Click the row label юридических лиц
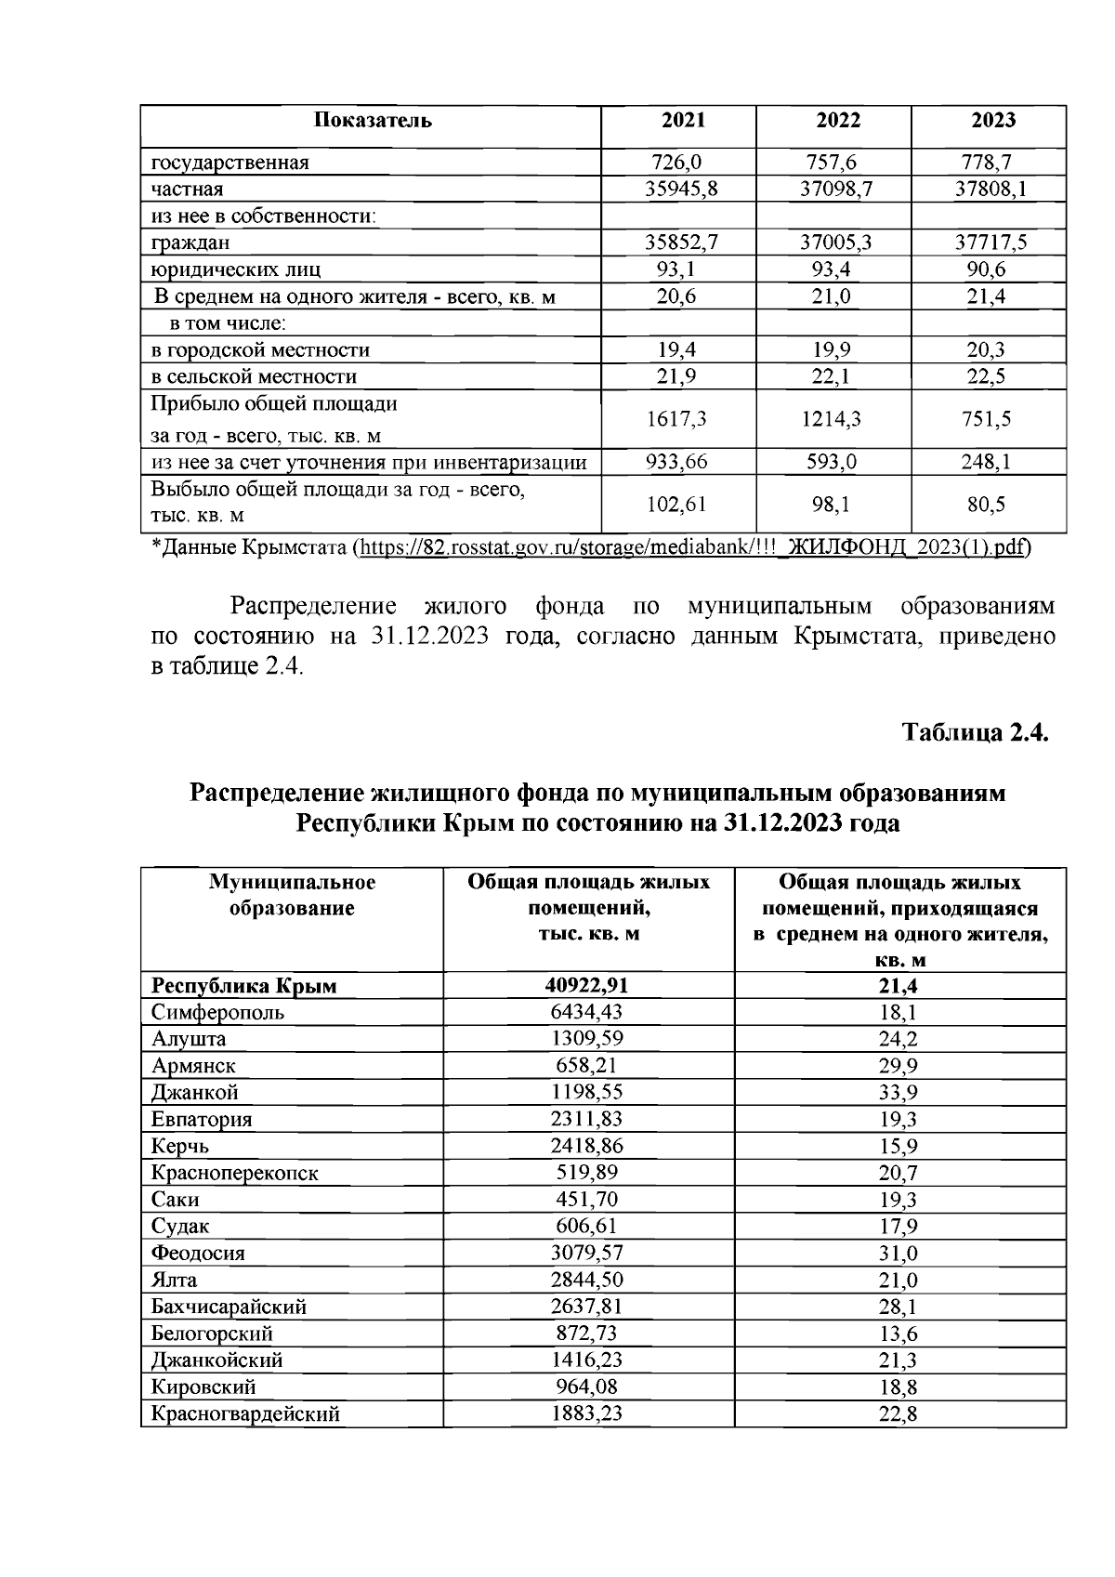[236, 270]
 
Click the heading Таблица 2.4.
[976, 732]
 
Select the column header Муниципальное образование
[292, 895]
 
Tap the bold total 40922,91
[589, 986]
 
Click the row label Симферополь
[218, 1012]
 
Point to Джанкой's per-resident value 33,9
[899, 1093]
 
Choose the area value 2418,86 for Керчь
[589, 1146]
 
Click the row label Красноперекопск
[235, 1173]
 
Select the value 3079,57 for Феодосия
[589, 1254]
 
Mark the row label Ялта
[175, 1281]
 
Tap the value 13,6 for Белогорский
[899, 1334]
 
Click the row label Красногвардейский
[245, 1414]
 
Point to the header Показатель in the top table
[372, 121]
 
